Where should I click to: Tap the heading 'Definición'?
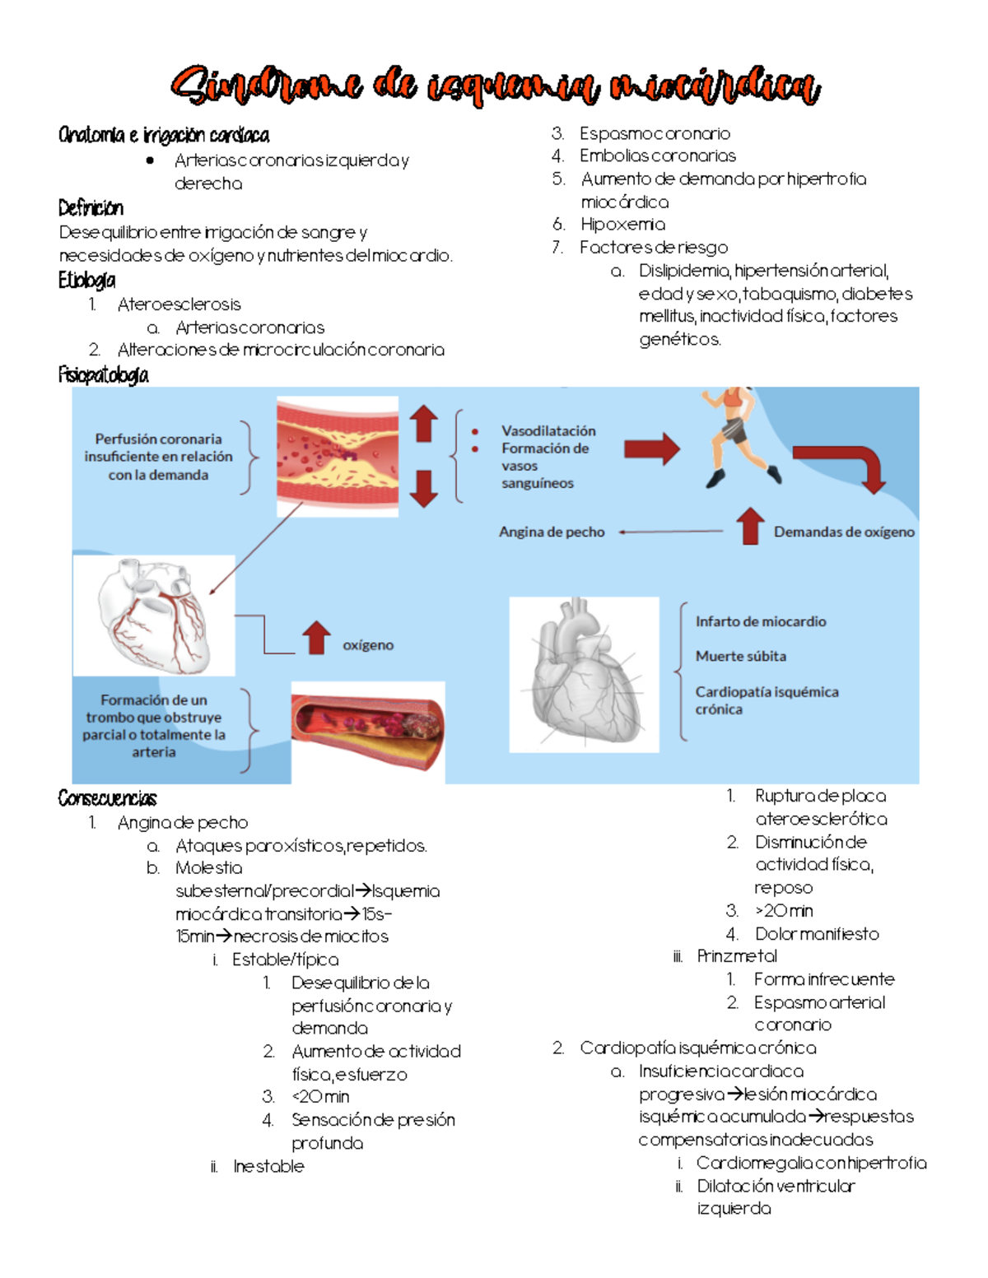point(91,207)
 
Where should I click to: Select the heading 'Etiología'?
point(86,281)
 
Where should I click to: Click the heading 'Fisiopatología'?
point(103,375)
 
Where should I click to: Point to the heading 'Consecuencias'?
point(107,798)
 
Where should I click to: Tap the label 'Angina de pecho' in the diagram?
point(552,532)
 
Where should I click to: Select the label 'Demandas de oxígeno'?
point(844,532)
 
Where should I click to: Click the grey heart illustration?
point(584,674)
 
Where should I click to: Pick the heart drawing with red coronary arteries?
point(154,615)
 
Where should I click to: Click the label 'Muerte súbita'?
point(740,657)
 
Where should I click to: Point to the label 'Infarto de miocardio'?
point(760,622)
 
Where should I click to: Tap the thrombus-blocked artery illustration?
point(367,731)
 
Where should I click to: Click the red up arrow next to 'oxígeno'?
point(316,639)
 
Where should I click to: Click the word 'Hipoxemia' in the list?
point(622,225)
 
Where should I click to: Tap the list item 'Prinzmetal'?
point(737,956)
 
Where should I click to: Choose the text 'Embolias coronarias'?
point(657,156)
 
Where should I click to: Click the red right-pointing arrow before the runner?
point(652,449)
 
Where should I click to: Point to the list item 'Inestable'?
point(268,1166)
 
